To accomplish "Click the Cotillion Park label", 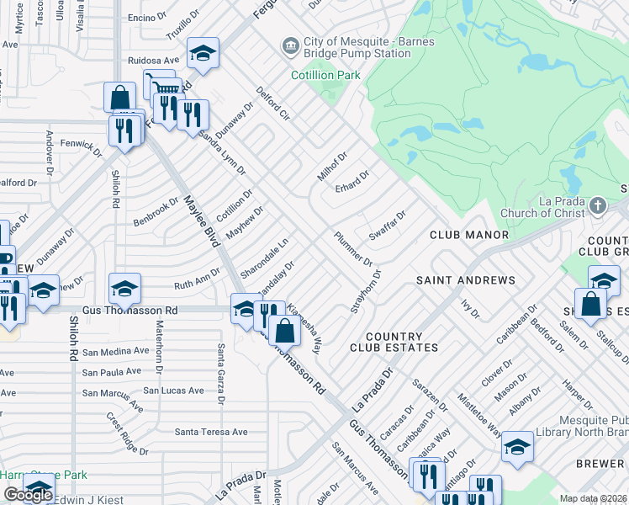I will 325,75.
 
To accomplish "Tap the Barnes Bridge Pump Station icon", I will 291,45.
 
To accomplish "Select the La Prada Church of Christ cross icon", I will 598,205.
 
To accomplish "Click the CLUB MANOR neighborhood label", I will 469,235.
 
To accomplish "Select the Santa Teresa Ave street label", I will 211,432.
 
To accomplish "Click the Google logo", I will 28,495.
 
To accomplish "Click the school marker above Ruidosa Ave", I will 202,53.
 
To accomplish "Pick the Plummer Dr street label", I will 353,249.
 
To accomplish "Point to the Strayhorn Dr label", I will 366,291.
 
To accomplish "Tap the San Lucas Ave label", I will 173,391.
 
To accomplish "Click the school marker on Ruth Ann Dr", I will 124,290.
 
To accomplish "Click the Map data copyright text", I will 593,498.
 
